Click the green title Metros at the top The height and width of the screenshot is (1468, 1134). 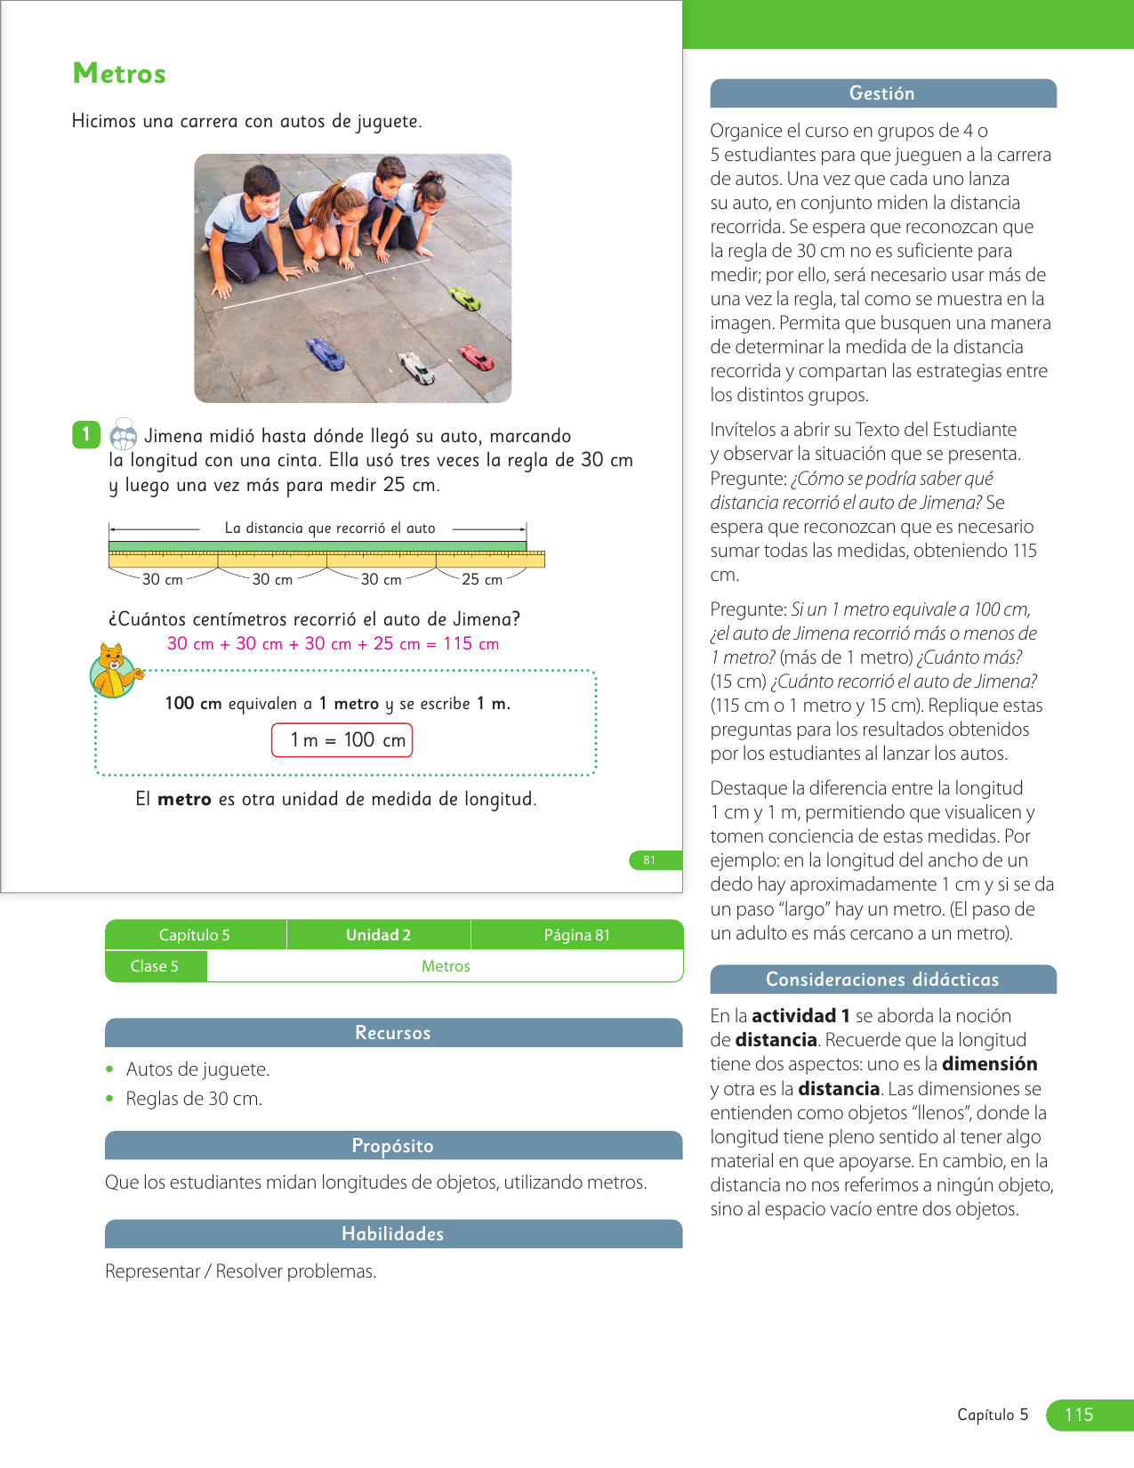click(x=119, y=73)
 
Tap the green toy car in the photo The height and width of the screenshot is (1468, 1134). click(x=465, y=298)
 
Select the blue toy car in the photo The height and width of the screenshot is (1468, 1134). click(x=326, y=354)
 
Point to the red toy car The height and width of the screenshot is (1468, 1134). click(x=477, y=359)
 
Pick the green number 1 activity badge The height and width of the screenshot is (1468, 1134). click(x=85, y=434)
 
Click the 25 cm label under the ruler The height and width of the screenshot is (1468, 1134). click(x=481, y=579)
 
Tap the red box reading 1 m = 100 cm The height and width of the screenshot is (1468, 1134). click(x=342, y=740)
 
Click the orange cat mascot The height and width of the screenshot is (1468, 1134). click(x=114, y=672)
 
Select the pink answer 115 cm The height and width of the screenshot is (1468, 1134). click(x=470, y=644)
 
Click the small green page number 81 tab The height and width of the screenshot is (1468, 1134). click(x=650, y=860)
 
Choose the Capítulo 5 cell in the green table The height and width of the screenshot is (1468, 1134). click(x=195, y=935)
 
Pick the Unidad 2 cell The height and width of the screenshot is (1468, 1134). click(x=378, y=935)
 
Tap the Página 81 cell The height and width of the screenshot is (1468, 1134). click(x=576, y=935)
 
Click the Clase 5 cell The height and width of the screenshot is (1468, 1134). click(x=155, y=966)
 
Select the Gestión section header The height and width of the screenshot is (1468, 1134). click(x=882, y=93)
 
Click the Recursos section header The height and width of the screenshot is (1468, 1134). click(x=393, y=1033)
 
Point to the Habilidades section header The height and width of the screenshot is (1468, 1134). click(x=393, y=1234)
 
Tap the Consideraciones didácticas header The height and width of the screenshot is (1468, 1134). click(x=882, y=980)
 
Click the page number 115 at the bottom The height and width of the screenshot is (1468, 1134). click(x=1079, y=1415)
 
